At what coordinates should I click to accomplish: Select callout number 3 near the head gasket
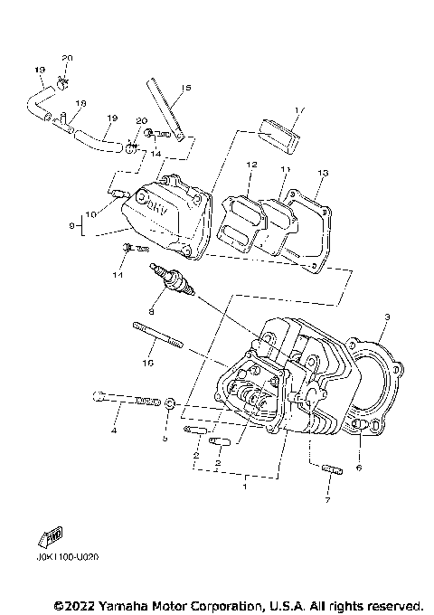386,317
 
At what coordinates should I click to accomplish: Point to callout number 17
300,109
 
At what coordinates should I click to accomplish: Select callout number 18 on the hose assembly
80,104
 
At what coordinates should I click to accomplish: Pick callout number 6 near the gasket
358,468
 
